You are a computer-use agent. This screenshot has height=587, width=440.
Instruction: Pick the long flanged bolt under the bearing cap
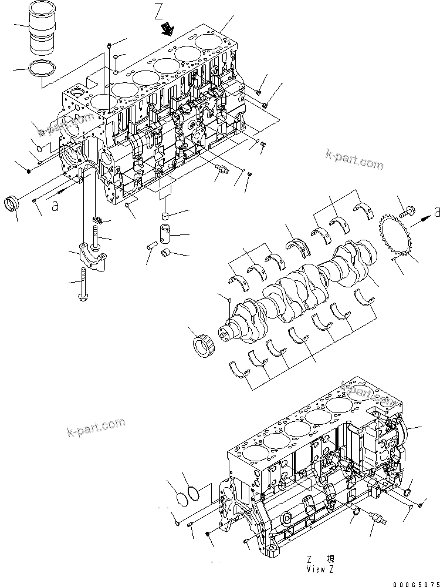point(82,287)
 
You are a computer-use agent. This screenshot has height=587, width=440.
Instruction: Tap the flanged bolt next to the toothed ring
point(407,206)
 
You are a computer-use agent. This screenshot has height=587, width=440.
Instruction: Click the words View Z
point(320,569)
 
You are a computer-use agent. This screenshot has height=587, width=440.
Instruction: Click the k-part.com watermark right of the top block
point(354,159)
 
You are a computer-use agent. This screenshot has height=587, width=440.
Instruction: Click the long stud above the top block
point(109,65)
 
